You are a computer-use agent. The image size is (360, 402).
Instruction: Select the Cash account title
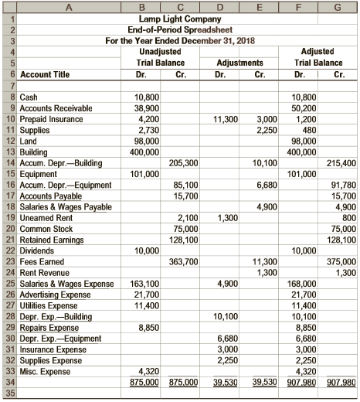point(29,99)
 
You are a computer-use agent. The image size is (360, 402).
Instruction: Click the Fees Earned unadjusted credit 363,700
point(183,262)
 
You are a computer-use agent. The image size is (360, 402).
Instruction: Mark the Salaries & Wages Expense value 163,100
point(144,284)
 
